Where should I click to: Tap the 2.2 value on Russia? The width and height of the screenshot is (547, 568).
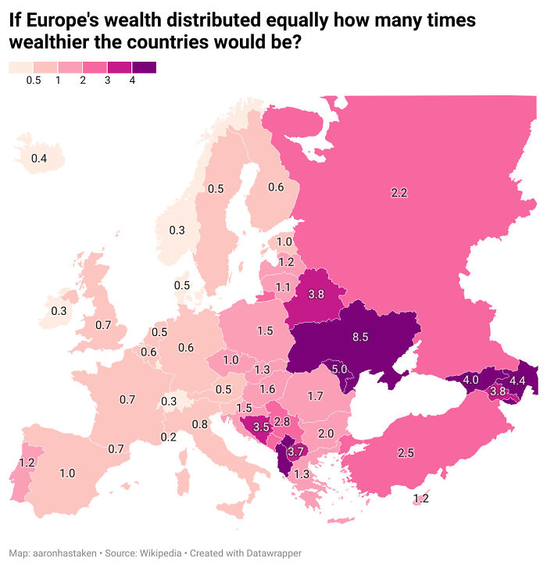click(399, 192)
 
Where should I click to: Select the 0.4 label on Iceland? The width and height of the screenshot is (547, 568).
click(38, 159)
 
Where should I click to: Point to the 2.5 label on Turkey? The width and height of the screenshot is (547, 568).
click(406, 452)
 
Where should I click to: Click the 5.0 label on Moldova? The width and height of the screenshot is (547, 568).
click(339, 369)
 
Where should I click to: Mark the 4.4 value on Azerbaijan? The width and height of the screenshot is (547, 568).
click(517, 380)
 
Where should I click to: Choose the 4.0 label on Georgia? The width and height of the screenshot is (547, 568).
click(470, 380)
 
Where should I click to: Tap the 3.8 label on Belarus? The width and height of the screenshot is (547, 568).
click(316, 294)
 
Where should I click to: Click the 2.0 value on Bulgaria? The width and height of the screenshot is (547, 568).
click(326, 434)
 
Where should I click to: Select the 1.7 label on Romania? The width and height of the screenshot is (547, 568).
click(315, 396)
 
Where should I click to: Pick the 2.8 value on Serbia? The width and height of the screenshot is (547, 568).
click(282, 422)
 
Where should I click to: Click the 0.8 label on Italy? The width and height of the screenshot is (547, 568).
click(200, 424)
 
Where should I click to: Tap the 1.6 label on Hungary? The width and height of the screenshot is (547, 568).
click(267, 389)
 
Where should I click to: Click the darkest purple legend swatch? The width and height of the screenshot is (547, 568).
click(144, 67)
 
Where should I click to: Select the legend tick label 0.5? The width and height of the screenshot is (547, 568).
click(33, 80)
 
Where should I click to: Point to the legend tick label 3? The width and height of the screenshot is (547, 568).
click(107, 80)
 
